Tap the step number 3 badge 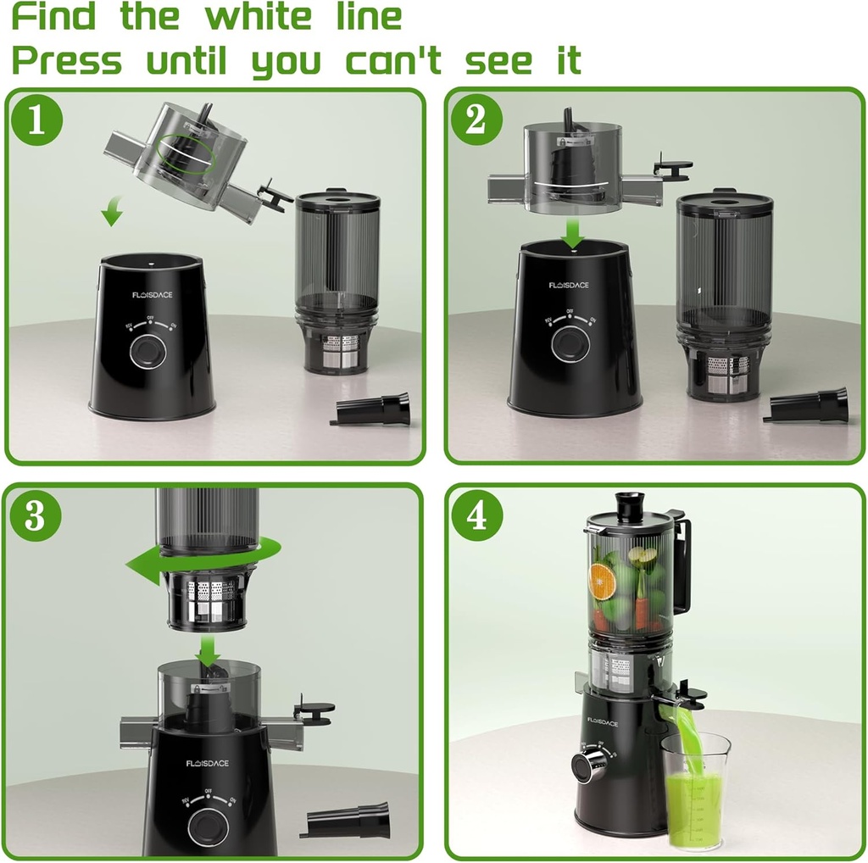pos(36,516)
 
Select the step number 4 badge pos(477,515)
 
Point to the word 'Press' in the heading pos(66,61)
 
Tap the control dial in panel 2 pos(569,342)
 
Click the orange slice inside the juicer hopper pos(604,582)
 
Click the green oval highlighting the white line pos(185,153)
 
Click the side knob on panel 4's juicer pos(584,766)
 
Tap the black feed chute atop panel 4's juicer pos(629,505)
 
